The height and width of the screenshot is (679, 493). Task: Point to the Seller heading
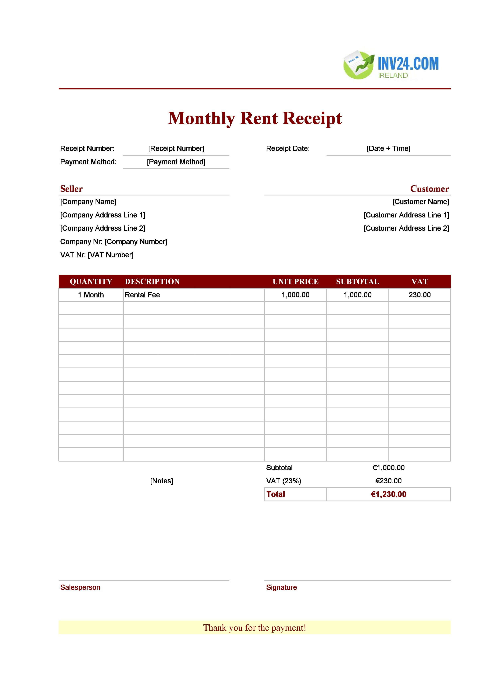[x=71, y=189]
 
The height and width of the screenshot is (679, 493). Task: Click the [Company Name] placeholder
[x=88, y=202]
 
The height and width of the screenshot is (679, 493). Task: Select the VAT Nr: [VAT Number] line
[x=97, y=255]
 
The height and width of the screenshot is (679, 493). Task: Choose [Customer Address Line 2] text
[x=406, y=228]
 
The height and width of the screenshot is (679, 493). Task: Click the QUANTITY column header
[x=91, y=282]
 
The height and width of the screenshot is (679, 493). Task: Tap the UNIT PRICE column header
[x=295, y=282]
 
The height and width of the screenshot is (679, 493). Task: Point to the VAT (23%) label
[x=283, y=481]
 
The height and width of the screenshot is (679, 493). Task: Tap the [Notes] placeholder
[x=161, y=481]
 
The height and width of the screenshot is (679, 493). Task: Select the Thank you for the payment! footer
[x=254, y=628]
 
